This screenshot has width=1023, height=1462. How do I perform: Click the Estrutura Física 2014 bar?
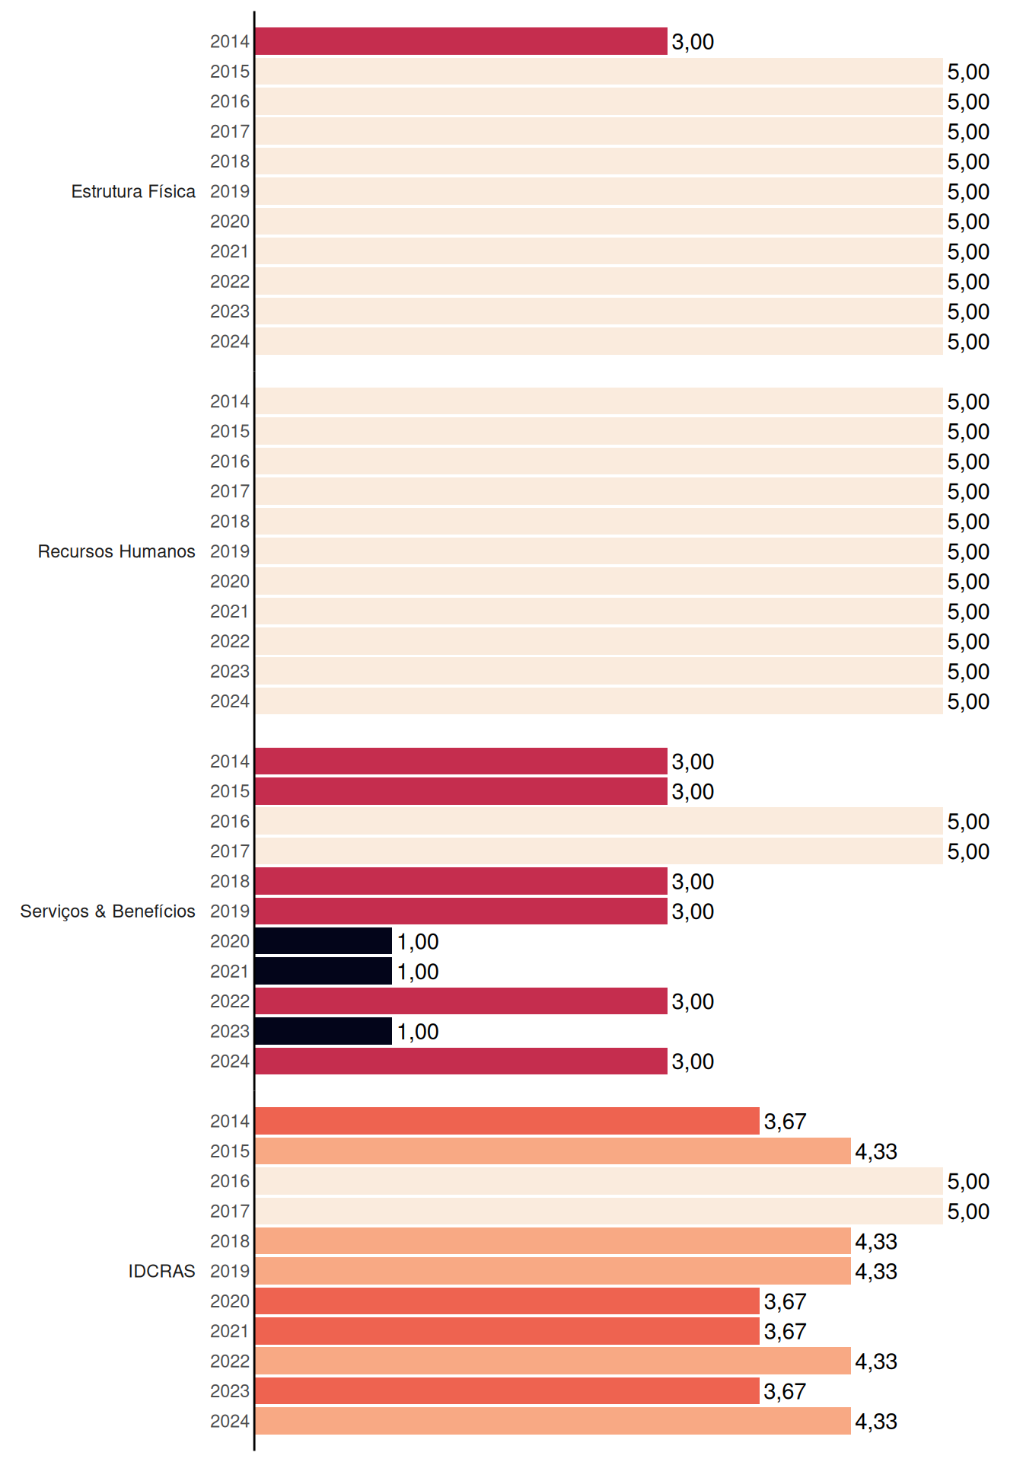461,41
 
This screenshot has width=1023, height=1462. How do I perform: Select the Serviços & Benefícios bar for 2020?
323,941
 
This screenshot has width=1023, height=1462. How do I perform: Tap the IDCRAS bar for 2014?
507,1121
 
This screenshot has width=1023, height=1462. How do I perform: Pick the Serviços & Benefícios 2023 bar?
323,1031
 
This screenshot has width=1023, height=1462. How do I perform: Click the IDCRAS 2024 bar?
553,1421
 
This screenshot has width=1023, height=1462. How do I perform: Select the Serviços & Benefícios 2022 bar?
461,1001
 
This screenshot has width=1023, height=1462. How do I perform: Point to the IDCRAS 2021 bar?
507,1331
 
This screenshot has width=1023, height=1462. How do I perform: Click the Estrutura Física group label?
133,191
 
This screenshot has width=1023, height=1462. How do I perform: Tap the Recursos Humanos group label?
116,551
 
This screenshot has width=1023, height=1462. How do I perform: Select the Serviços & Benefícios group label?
107,911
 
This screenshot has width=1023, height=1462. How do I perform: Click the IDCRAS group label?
161,1271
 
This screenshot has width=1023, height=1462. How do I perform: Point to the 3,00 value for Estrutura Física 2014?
693,42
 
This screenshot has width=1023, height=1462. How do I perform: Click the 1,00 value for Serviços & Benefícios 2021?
418,972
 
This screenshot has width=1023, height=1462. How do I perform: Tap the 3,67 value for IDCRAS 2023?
785,1391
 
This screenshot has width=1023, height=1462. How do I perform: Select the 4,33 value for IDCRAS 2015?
876,1151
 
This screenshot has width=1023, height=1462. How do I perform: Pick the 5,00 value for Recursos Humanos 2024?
968,701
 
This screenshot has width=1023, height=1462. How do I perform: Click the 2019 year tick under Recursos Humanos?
230,551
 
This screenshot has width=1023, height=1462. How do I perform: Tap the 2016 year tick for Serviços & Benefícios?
230,821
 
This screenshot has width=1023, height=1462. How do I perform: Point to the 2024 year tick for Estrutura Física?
230,341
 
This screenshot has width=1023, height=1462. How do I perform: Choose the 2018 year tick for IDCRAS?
230,1241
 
